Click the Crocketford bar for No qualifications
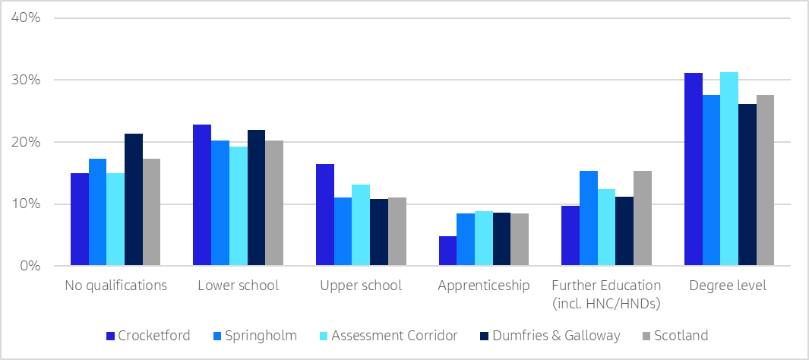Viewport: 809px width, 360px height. coord(80,219)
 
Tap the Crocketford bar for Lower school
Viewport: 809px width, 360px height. coord(202,195)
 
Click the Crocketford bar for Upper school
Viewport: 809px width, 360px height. coord(325,215)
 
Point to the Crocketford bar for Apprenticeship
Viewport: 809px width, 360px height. coord(447,251)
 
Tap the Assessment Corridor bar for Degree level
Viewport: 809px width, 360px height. coord(729,169)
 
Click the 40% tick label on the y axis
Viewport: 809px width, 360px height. coord(26,17)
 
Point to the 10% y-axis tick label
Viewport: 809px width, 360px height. coord(26,204)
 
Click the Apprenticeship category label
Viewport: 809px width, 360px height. coord(483,286)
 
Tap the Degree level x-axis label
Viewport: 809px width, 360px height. coord(728,286)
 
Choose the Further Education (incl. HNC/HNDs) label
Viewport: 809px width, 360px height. coord(606,293)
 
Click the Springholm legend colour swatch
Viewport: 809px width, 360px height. coord(218,336)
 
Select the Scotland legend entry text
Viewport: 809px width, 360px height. coord(681,336)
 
